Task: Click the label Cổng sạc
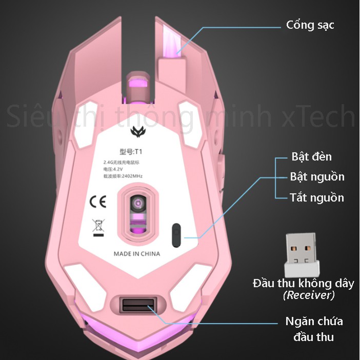point(310,25)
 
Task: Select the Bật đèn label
point(311,156)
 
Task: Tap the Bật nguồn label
point(317,177)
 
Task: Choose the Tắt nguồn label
point(316,197)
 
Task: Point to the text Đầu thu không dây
point(304,283)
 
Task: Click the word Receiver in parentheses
point(309,295)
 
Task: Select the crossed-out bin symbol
point(97,227)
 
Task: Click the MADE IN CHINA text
point(136,254)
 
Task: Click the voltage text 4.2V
point(119,169)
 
